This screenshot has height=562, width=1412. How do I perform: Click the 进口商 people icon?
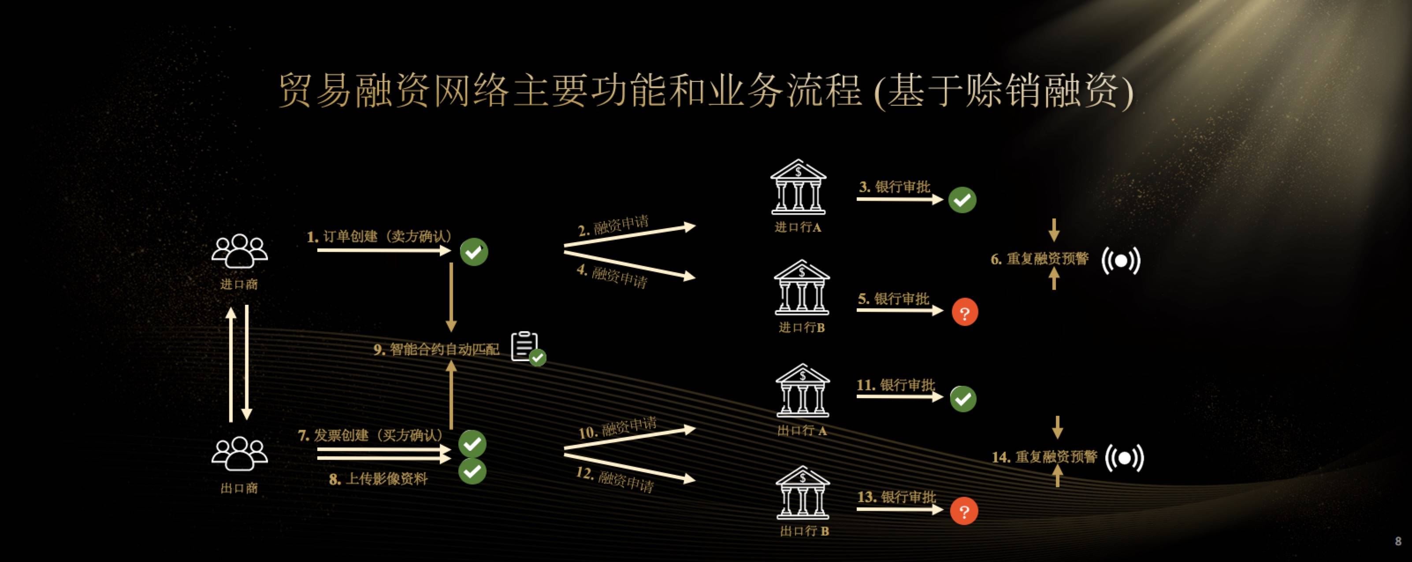[240, 251]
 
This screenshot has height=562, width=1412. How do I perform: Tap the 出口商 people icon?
[240, 454]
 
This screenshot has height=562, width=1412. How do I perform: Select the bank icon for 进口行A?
[798, 187]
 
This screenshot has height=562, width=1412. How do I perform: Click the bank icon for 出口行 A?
[803, 391]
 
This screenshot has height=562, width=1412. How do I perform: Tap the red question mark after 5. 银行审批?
[965, 313]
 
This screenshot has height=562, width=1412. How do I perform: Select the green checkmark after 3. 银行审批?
[962, 200]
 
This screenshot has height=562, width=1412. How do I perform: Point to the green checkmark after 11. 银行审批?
[963, 399]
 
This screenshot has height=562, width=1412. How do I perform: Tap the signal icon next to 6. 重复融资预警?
[1121, 260]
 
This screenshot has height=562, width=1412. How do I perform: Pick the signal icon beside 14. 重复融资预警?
[1124, 458]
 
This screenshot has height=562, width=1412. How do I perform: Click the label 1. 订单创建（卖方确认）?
[380, 237]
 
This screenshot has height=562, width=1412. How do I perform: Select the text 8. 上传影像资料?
[378, 479]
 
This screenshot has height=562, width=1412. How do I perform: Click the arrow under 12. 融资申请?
[630, 463]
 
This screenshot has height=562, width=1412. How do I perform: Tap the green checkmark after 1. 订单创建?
[474, 252]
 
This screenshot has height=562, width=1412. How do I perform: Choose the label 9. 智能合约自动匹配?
[436, 349]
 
